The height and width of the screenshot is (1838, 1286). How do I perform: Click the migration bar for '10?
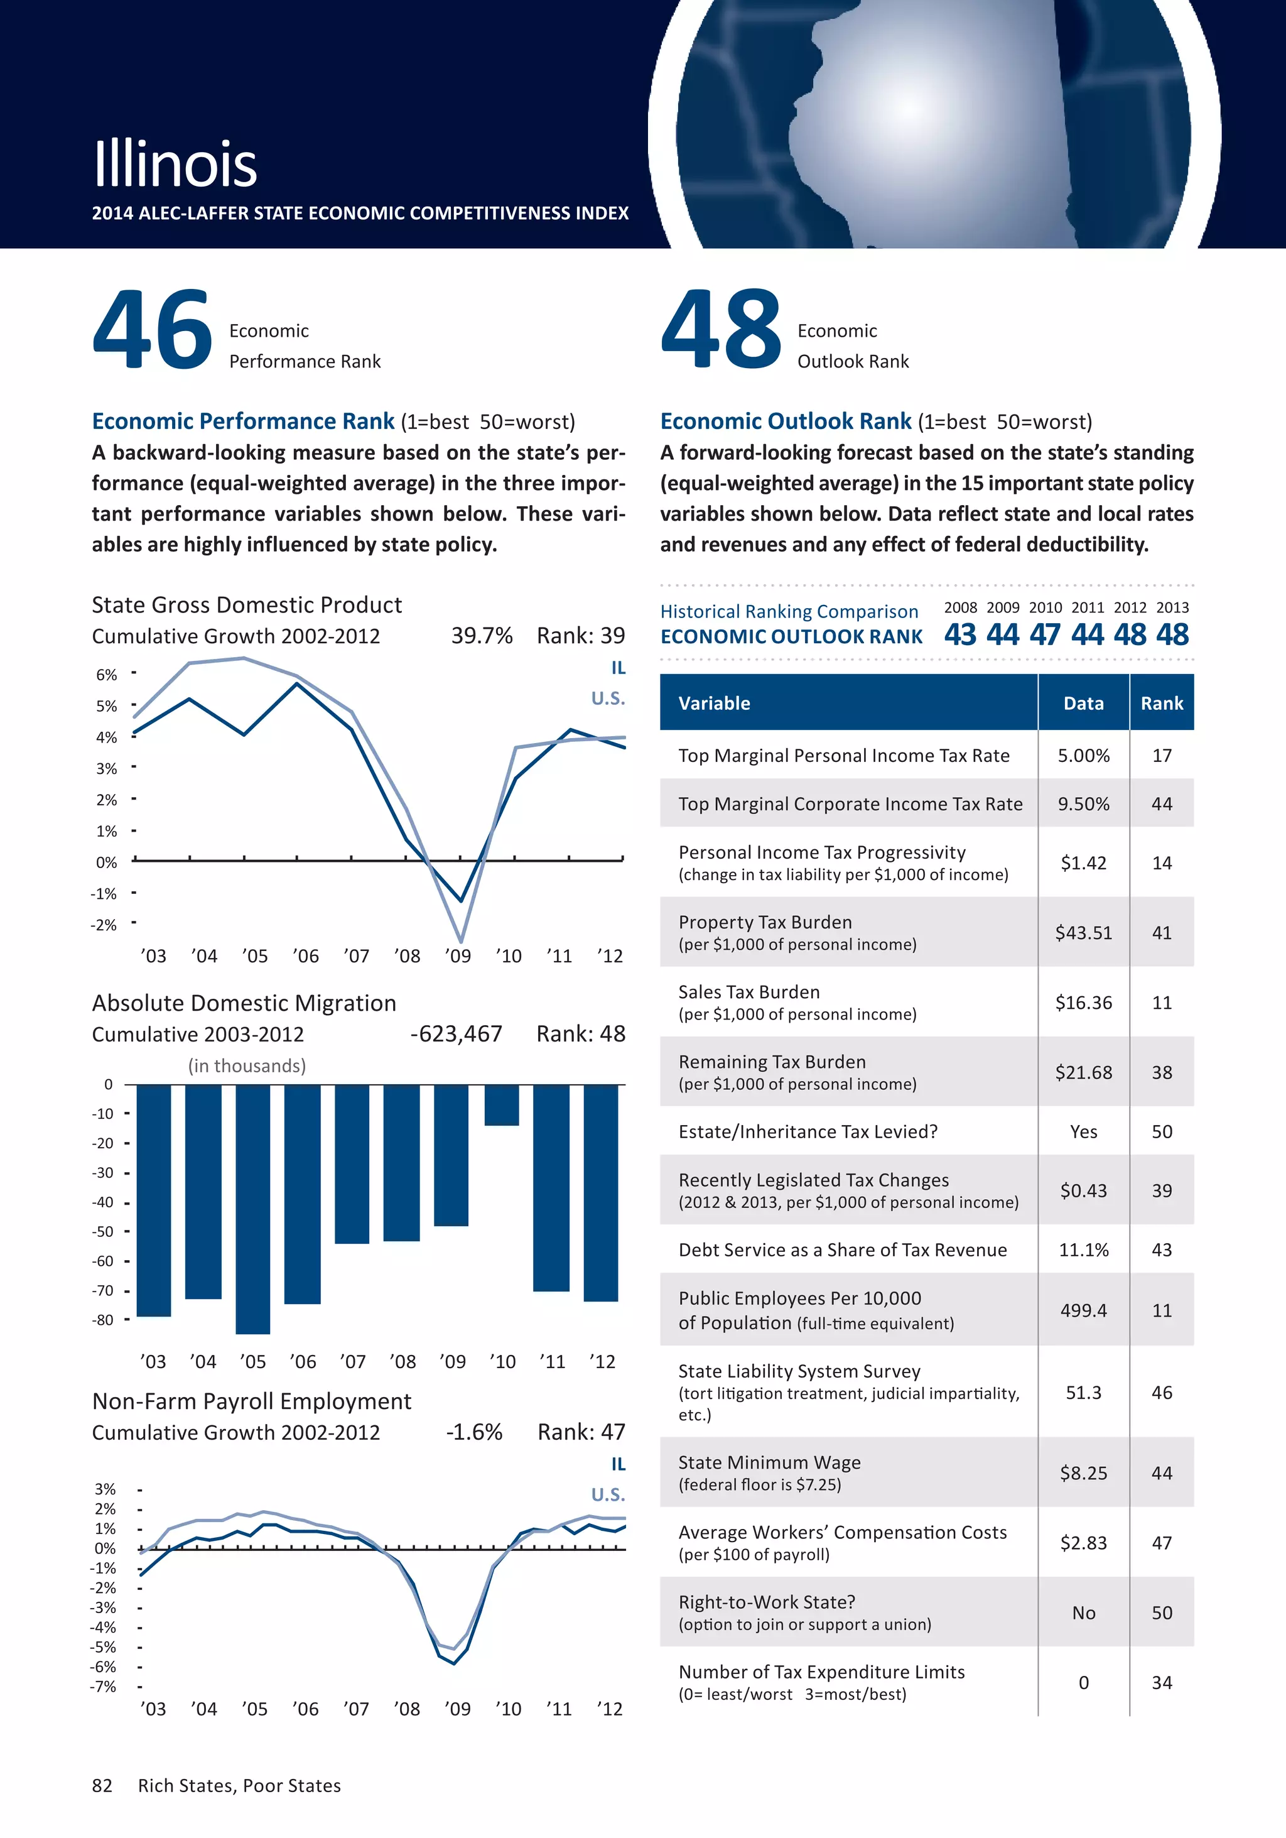[502, 1105]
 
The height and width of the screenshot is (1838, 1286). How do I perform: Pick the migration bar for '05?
[253, 1209]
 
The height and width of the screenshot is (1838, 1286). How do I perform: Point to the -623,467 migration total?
[456, 1035]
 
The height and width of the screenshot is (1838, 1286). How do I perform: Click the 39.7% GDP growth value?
[482, 636]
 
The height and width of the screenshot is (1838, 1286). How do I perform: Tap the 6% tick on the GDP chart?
[106, 675]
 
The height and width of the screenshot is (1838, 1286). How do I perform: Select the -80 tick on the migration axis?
[102, 1320]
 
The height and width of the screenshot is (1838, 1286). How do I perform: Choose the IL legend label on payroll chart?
[618, 1464]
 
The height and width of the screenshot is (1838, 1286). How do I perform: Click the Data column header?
[1084, 704]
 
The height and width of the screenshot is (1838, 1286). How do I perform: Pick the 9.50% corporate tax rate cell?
[1084, 803]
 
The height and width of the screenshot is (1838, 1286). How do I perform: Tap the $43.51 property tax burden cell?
[1084, 933]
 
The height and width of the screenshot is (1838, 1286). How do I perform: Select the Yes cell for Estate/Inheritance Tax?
[1084, 1132]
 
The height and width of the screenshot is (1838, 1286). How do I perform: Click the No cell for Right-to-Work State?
[1084, 1613]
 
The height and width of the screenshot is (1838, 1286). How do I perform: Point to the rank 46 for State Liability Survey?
[1162, 1393]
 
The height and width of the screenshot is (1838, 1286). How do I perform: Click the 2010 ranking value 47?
[1045, 635]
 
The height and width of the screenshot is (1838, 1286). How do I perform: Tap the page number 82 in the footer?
[102, 1786]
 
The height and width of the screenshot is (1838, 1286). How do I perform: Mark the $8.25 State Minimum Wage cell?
[1084, 1473]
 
